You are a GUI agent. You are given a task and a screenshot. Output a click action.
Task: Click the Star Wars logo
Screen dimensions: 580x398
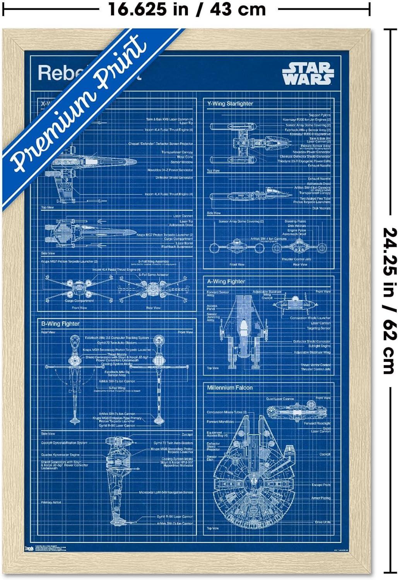pos(307,73)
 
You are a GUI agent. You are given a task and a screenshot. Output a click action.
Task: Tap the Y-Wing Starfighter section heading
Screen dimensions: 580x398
pos(230,104)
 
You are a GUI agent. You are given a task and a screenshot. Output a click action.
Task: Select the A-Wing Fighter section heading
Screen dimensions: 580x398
pos(226,281)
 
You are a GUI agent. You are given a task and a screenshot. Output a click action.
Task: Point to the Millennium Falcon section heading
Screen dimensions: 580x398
pos(229,387)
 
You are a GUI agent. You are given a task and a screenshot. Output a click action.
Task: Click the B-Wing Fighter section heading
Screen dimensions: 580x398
pos(60,324)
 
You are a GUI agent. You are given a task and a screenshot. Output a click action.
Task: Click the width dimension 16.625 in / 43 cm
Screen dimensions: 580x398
pos(187,9)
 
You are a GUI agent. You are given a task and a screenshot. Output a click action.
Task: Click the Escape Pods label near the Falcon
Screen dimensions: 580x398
pos(321,485)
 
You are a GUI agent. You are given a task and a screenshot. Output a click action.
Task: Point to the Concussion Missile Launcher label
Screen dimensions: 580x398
pos(310,318)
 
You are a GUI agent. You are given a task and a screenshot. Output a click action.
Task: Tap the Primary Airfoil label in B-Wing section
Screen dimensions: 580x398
pos(51,502)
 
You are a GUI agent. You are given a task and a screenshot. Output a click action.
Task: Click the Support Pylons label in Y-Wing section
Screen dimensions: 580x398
pos(319,115)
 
